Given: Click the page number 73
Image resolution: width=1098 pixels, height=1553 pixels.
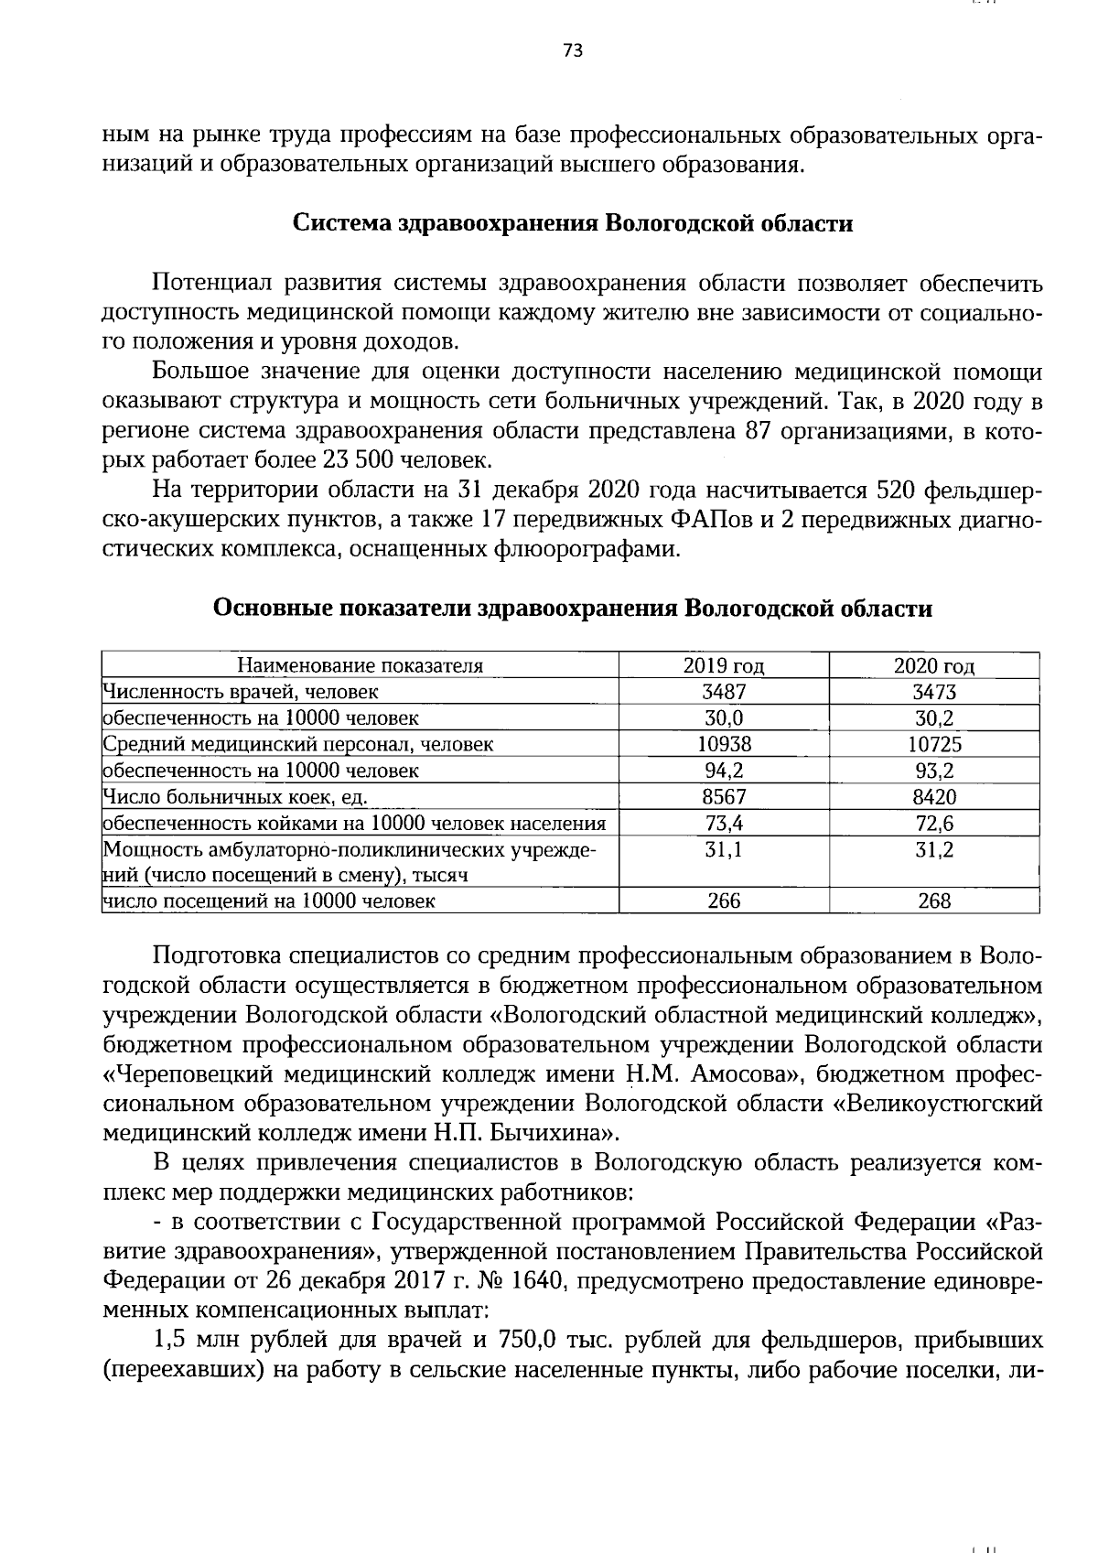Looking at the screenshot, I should coord(573,50).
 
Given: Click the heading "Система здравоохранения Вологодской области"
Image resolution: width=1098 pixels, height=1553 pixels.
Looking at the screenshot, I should coord(572,224).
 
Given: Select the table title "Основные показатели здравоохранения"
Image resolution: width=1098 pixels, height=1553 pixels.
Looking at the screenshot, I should coord(572,609).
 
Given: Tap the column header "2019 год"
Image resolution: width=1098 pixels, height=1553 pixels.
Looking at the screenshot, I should coord(724,665).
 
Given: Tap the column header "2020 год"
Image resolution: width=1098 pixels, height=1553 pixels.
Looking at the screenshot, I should coord(934,665).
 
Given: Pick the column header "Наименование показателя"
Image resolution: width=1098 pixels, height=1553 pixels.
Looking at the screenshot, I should coord(361,665).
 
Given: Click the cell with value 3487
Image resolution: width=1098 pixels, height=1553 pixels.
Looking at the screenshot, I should coord(724,692).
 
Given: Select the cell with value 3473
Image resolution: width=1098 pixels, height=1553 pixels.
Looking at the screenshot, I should coord(934,692).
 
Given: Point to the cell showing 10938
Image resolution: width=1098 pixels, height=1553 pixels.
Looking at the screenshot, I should coord(724,744).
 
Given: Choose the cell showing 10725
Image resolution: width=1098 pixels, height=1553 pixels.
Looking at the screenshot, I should coord(934,744).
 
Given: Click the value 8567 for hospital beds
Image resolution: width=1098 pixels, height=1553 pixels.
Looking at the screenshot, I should coord(724,796).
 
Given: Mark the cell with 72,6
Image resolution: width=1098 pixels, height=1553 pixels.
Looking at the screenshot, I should coord(934,823).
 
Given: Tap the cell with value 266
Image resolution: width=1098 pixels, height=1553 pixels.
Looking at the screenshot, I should coord(724,901).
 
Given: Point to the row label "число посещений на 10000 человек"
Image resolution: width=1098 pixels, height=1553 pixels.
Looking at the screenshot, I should coord(269,901).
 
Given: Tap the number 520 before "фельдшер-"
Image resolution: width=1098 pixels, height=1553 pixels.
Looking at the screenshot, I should coord(896,491).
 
